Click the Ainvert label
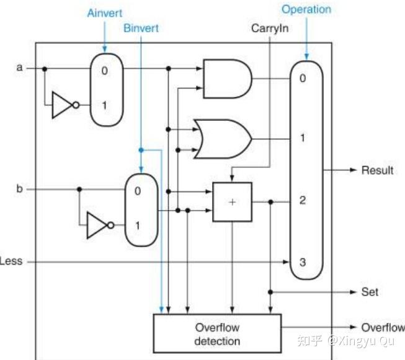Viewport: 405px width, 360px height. coord(105,13)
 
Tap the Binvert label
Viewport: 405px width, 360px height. coord(141,28)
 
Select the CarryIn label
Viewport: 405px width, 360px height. coord(270,29)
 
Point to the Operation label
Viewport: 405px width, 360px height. coord(306,9)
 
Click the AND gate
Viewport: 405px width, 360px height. coord(227,79)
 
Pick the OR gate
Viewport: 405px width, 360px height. coord(223,139)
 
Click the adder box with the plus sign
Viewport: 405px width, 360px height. coord(232,202)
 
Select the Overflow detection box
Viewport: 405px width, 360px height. coord(217,333)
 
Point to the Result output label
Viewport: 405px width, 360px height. coord(377,170)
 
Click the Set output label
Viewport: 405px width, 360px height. coord(370,292)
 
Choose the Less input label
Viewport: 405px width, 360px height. coord(11,261)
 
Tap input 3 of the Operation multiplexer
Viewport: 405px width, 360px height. coord(303,262)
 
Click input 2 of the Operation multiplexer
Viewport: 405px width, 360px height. coord(303,200)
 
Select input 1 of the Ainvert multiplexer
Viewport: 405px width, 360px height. coord(104,105)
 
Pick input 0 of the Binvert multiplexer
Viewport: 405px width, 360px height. coord(138,191)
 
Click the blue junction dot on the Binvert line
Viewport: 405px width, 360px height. coord(141,150)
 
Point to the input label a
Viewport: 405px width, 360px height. coord(19,68)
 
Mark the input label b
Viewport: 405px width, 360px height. coord(19,188)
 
